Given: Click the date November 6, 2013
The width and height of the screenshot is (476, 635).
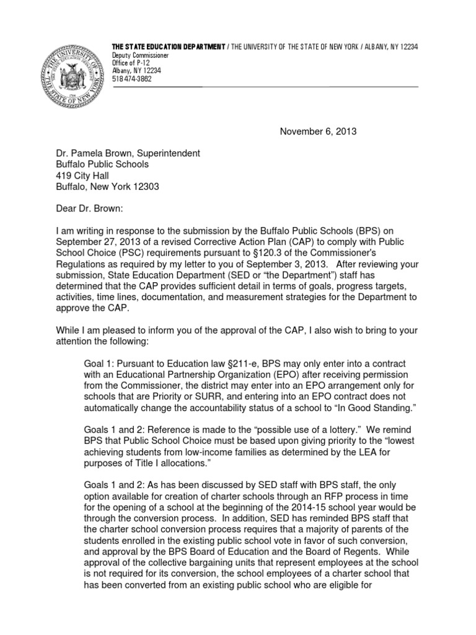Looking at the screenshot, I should (x=318, y=131).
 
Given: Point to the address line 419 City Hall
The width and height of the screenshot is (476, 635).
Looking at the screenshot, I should (x=82, y=175).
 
